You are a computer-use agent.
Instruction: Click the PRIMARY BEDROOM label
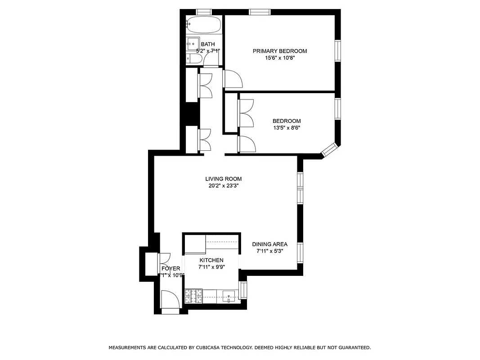(x=279, y=51)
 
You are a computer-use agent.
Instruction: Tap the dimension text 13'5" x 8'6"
(x=286, y=128)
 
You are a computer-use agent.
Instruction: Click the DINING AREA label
(x=269, y=244)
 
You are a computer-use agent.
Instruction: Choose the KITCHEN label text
(x=211, y=260)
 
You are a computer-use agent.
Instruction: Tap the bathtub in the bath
(x=204, y=24)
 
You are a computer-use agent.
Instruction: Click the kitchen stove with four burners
(x=193, y=296)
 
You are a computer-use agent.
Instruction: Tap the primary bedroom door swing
(x=233, y=80)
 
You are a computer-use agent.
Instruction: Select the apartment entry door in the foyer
(x=170, y=301)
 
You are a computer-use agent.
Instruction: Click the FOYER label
(x=171, y=269)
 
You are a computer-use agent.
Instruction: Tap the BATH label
(x=207, y=44)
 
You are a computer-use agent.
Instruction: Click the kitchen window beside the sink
(x=243, y=290)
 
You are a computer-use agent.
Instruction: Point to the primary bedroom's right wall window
(x=337, y=51)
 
